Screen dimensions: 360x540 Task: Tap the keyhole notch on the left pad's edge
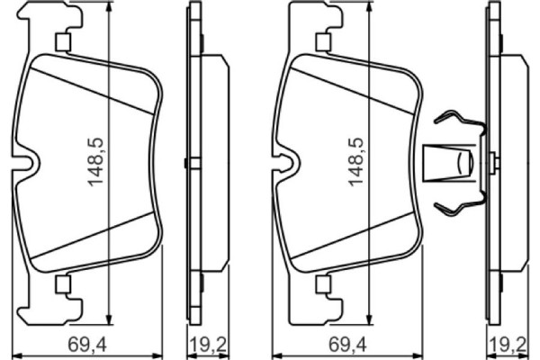(31, 163)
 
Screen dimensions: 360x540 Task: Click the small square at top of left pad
(63, 41)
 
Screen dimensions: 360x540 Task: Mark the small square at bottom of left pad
(63, 284)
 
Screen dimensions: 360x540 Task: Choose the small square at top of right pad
(321, 41)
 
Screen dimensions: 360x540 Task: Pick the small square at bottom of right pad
(321, 284)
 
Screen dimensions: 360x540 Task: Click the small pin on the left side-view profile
(184, 163)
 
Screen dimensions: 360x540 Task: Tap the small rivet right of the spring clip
(492, 162)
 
